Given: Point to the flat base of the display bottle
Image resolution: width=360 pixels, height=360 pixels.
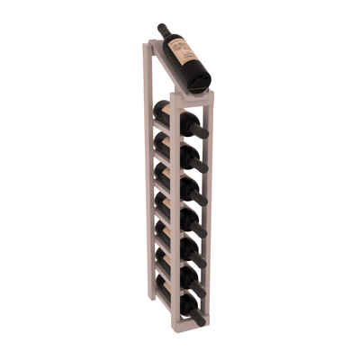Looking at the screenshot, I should coord(202,81).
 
